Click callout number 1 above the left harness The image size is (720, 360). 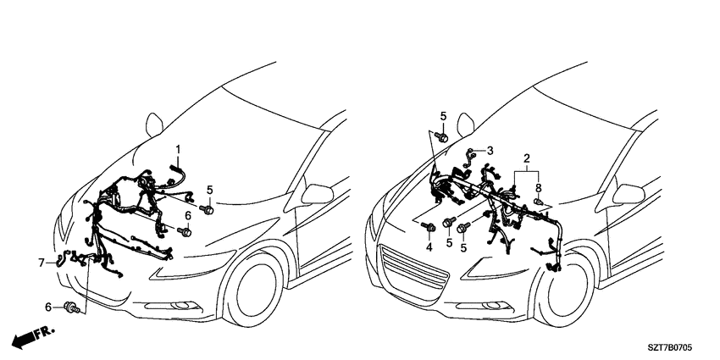coord(178,149)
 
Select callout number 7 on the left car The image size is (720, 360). coord(42,263)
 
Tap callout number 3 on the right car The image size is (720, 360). coord(490,150)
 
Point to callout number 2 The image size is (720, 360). coord(527,159)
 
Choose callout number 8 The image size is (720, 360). coord(539,187)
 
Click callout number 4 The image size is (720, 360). coord(429,247)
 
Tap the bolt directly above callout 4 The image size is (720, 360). coord(430,226)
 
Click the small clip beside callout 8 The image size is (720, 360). coord(538,202)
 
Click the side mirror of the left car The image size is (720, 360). coord(317,194)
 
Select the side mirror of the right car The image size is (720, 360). coord(629,194)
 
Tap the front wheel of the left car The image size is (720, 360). coord(253,290)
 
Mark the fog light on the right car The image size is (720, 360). coord(494,305)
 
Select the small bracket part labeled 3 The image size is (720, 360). coord(468,157)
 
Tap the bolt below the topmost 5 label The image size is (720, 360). coord(443,137)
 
